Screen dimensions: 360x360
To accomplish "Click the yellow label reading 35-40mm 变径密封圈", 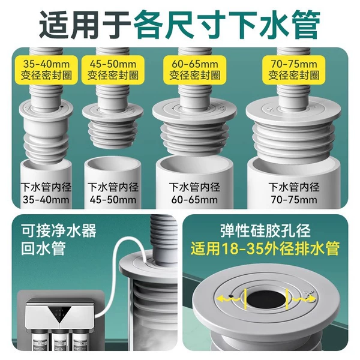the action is [x=46, y=70].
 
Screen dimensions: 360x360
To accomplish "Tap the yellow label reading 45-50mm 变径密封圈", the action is [x=113, y=70].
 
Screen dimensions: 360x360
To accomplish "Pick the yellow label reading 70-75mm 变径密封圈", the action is [x=294, y=70].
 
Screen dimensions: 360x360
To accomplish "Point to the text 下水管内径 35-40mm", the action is [x=46, y=193].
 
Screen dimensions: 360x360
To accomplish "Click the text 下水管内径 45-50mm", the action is [x=113, y=193].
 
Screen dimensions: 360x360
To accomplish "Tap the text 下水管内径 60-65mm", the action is [x=194, y=193].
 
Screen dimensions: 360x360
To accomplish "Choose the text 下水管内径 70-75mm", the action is [x=294, y=193].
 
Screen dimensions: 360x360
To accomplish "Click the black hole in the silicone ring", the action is [x=266, y=298].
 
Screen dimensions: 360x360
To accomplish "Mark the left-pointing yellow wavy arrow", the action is [x=229, y=299].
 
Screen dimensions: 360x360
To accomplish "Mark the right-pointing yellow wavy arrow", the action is [x=304, y=299].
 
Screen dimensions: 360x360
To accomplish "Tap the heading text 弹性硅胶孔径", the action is [x=265, y=230].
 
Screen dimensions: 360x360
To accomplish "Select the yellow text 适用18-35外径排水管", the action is [x=265, y=248].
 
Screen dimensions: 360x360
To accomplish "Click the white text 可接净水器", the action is [x=59, y=230].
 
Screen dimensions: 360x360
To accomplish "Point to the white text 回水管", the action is [x=43, y=248].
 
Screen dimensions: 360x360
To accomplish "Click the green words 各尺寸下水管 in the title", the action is [x=226, y=23].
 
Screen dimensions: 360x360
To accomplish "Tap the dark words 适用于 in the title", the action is [x=85, y=23].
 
